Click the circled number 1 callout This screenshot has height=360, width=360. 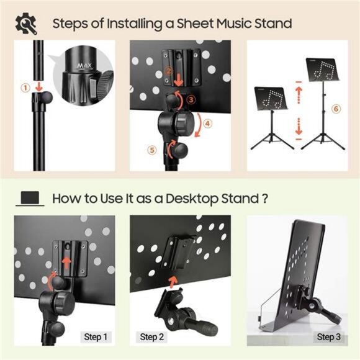coord(25,88)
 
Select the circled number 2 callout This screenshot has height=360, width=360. coord(168,71)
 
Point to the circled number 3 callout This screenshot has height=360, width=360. coord(191,98)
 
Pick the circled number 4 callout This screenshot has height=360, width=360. coord(207,123)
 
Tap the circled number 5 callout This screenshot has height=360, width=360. coord(151,149)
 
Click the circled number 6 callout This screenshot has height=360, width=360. coord(336,109)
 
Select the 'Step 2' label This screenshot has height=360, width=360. coord(152,337)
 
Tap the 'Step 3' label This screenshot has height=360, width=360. coord(329,337)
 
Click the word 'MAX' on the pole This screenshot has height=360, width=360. coord(83,65)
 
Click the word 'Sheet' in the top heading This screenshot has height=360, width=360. coord(195,24)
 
